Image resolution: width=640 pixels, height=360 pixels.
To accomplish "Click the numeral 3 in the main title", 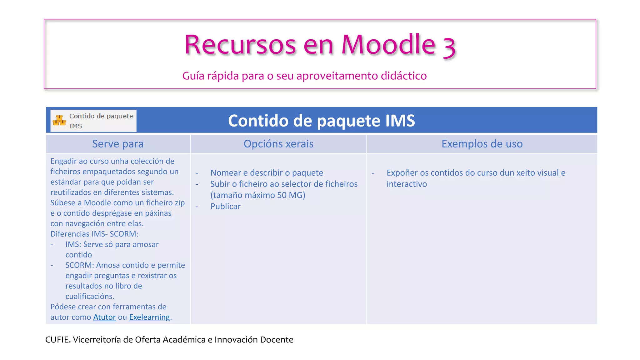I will pyautogui.click(x=449, y=47).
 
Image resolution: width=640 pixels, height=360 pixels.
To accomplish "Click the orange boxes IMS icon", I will pyautogui.click(x=59, y=121).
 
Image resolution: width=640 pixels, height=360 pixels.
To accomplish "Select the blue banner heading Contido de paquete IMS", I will pyautogui.click(x=321, y=121).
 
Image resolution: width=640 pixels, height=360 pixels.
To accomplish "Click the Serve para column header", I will pyautogui.click(x=118, y=144).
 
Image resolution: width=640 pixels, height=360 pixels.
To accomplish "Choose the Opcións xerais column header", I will pyautogui.click(x=278, y=144).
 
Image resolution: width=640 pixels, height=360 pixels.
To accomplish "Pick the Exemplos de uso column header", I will pyautogui.click(x=482, y=144).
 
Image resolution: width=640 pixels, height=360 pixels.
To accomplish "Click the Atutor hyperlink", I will pyautogui.click(x=104, y=317).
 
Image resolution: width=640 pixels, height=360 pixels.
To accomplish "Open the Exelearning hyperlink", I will pyautogui.click(x=149, y=317).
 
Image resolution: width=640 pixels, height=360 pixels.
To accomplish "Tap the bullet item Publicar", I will pyautogui.click(x=225, y=207).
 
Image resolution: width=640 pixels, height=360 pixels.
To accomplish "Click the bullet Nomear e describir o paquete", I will pyautogui.click(x=267, y=173).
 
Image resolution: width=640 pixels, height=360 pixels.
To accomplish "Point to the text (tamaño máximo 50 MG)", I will pyautogui.click(x=257, y=195).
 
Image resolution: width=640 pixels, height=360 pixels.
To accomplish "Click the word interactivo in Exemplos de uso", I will pyautogui.click(x=407, y=184).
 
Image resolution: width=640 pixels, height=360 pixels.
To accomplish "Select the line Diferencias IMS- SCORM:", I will pyautogui.click(x=94, y=234).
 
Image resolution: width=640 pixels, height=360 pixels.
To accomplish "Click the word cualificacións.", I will pyautogui.click(x=90, y=296).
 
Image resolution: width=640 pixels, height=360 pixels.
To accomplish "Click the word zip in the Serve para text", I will pyautogui.click(x=180, y=203).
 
